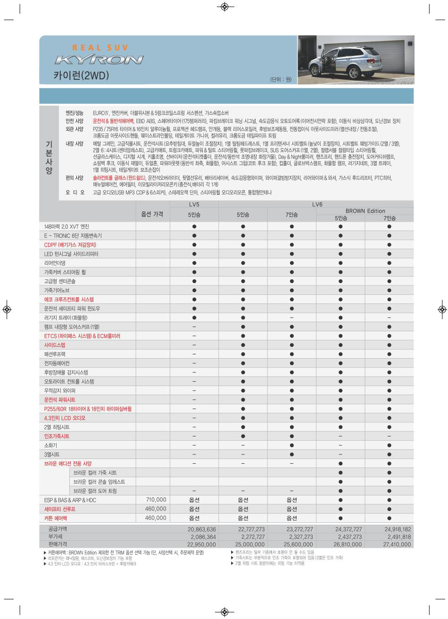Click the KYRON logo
pyautogui.click(x=99, y=60)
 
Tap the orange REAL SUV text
pyautogui.click(x=100, y=48)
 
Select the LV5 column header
pyautogui.click(x=194, y=204)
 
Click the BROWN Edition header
pyautogui.click(x=365, y=211)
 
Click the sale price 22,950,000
pyautogui.click(x=201, y=544)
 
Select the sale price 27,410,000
pyautogui.click(x=397, y=544)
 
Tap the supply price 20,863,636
pyautogui.click(x=201, y=529)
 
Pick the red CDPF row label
pyautogui.click(x=70, y=245)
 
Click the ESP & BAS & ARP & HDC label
pyautogui.click(x=70, y=500)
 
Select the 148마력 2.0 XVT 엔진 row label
pyautogui.click(x=66, y=227)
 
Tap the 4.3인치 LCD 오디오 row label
pyautogui.click(x=65, y=418)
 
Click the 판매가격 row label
pyautogui.click(x=58, y=544)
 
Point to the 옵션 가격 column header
pyautogui.click(x=152, y=214)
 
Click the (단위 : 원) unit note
pyautogui.click(x=281, y=79)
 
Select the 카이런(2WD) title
pyautogui.click(x=81, y=75)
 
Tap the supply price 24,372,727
pyautogui.click(x=348, y=529)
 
